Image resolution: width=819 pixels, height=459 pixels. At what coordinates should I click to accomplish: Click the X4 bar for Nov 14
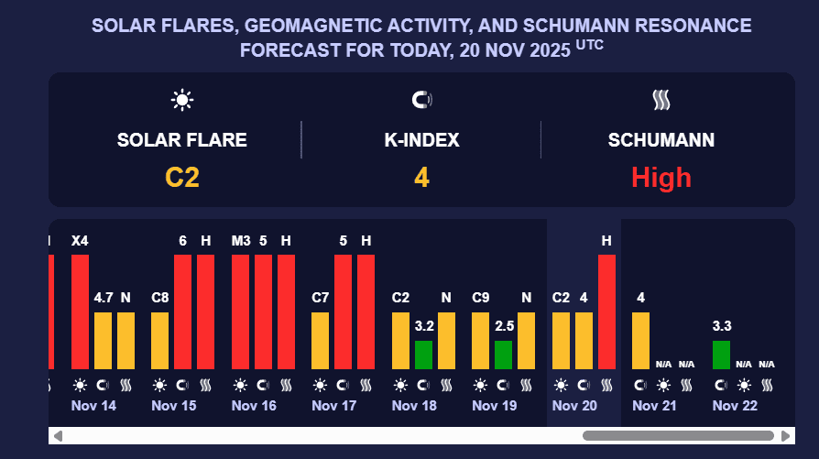(x=80, y=311)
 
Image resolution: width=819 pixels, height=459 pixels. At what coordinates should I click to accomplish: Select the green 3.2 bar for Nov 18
(x=423, y=355)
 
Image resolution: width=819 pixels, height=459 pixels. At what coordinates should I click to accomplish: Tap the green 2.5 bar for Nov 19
(x=503, y=355)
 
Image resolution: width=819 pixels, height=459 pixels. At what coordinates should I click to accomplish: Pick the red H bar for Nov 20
(x=606, y=311)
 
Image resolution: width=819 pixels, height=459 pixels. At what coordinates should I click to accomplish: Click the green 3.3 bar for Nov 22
(x=721, y=355)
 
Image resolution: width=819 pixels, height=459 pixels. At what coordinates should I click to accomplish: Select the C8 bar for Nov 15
(x=160, y=340)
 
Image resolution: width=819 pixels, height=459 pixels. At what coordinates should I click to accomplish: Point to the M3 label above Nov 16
(x=241, y=241)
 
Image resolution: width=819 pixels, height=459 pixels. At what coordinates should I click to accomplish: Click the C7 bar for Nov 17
(x=321, y=340)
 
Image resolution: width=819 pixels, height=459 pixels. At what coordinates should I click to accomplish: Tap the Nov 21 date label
(x=654, y=406)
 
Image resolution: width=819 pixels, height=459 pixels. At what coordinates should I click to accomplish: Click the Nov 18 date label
(x=414, y=406)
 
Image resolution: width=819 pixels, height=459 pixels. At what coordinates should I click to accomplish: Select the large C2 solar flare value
(x=182, y=177)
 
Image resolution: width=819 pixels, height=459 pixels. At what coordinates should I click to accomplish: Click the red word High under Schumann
(x=661, y=177)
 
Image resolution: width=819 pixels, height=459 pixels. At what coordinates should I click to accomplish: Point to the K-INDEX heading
(x=421, y=140)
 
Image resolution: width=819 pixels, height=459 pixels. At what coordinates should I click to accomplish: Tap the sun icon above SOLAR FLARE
(x=182, y=100)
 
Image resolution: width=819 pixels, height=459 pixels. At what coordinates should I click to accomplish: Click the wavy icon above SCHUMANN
(x=661, y=100)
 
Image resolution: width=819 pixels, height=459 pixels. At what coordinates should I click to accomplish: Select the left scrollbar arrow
(x=57, y=435)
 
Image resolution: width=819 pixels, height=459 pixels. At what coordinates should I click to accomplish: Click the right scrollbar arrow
(x=786, y=435)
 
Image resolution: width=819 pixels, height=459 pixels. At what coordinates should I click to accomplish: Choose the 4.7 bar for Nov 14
(x=103, y=340)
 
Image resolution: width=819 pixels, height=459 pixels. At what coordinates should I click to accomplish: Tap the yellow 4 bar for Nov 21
(x=640, y=340)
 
